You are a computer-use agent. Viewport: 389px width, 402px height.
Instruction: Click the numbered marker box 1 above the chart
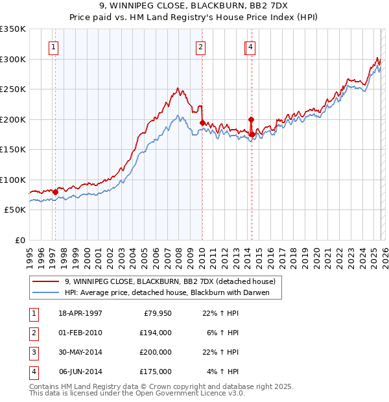pos(53,47)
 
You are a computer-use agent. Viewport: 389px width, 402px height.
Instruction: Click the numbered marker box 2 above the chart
pos(201,47)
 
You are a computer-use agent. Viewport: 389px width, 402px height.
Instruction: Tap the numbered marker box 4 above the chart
pos(250,47)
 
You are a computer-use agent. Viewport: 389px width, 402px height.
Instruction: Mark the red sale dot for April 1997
pos(56,192)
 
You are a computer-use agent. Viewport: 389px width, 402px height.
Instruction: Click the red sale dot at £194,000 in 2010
pos(202,123)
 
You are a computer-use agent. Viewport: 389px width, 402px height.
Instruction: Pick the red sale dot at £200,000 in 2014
pos(251,119)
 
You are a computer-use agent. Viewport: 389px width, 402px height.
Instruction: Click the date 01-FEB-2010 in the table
pos(80,333)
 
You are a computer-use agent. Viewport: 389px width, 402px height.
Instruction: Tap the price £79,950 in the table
pos(155,313)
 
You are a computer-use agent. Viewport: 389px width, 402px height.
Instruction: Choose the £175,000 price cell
pos(155,372)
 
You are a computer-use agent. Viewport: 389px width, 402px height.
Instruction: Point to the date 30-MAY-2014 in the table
pos(80,352)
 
